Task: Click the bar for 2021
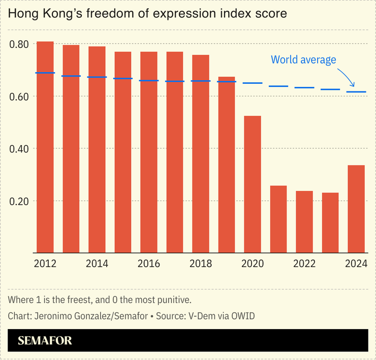(x=278, y=219)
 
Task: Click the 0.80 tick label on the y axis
(x=19, y=44)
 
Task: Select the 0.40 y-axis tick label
(x=19, y=149)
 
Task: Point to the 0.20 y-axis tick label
(x=19, y=201)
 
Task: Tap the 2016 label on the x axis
(x=149, y=264)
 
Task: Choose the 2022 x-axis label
(x=304, y=264)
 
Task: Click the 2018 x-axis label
(x=201, y=264)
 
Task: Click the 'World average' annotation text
(x=303, y=60)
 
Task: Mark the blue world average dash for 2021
(x=278, y=86)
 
